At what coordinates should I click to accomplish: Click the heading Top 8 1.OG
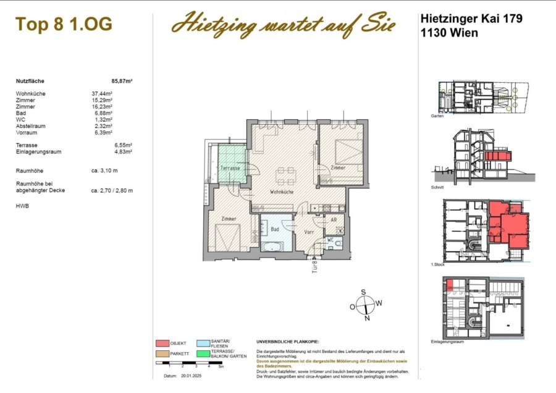coord(64,25)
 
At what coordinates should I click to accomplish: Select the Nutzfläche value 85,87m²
coord(122,81)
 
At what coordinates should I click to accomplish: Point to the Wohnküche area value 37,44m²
coord(102,94)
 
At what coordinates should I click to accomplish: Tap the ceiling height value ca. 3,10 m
coord(104,170)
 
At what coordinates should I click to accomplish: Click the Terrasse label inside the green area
coord(230,168)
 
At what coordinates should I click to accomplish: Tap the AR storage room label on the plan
coord(333,219)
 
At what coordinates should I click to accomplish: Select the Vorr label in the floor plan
coord(310,232)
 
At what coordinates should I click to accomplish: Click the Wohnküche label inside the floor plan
coord(281,192)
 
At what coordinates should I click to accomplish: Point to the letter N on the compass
coord(366,319)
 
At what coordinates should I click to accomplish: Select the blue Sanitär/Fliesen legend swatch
coord(203,343)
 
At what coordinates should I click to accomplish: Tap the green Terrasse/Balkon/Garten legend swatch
coord(203,353)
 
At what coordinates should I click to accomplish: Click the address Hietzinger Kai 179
coord(471,19)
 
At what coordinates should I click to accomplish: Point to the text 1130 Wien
coord(449,33)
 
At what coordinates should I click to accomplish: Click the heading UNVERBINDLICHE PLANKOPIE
coord(287,342)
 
